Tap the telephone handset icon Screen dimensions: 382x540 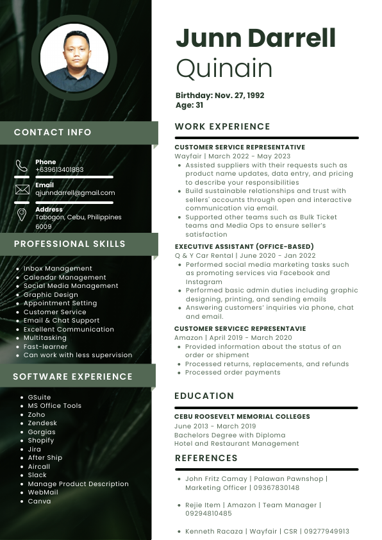(x=22, y=166)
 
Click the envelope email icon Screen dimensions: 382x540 (x=22, y=189)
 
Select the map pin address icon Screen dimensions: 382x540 (x=22, y=214)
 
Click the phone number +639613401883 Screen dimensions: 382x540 (x=60, y=170)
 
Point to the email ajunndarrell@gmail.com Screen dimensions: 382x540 (x=75, y=193)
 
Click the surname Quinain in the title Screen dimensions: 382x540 (x=224, y=68)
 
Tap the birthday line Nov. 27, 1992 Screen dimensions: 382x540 (x=220, y=96)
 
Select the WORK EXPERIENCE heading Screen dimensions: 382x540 (x=222, y=126)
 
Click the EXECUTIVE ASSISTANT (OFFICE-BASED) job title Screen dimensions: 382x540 (x=244, y=246)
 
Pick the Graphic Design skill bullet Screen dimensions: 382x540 (x=51, y=294)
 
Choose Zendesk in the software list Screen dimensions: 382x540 (x=42, y=423)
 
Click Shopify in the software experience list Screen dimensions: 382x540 (x=41, y=441)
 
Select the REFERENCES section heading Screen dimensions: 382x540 (x=206, y=458)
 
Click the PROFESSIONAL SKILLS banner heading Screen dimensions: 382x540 (x=70, y=244)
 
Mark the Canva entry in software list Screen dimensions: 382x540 (x=39, y=502)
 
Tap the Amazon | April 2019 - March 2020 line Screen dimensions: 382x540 (x=233, y=337)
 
